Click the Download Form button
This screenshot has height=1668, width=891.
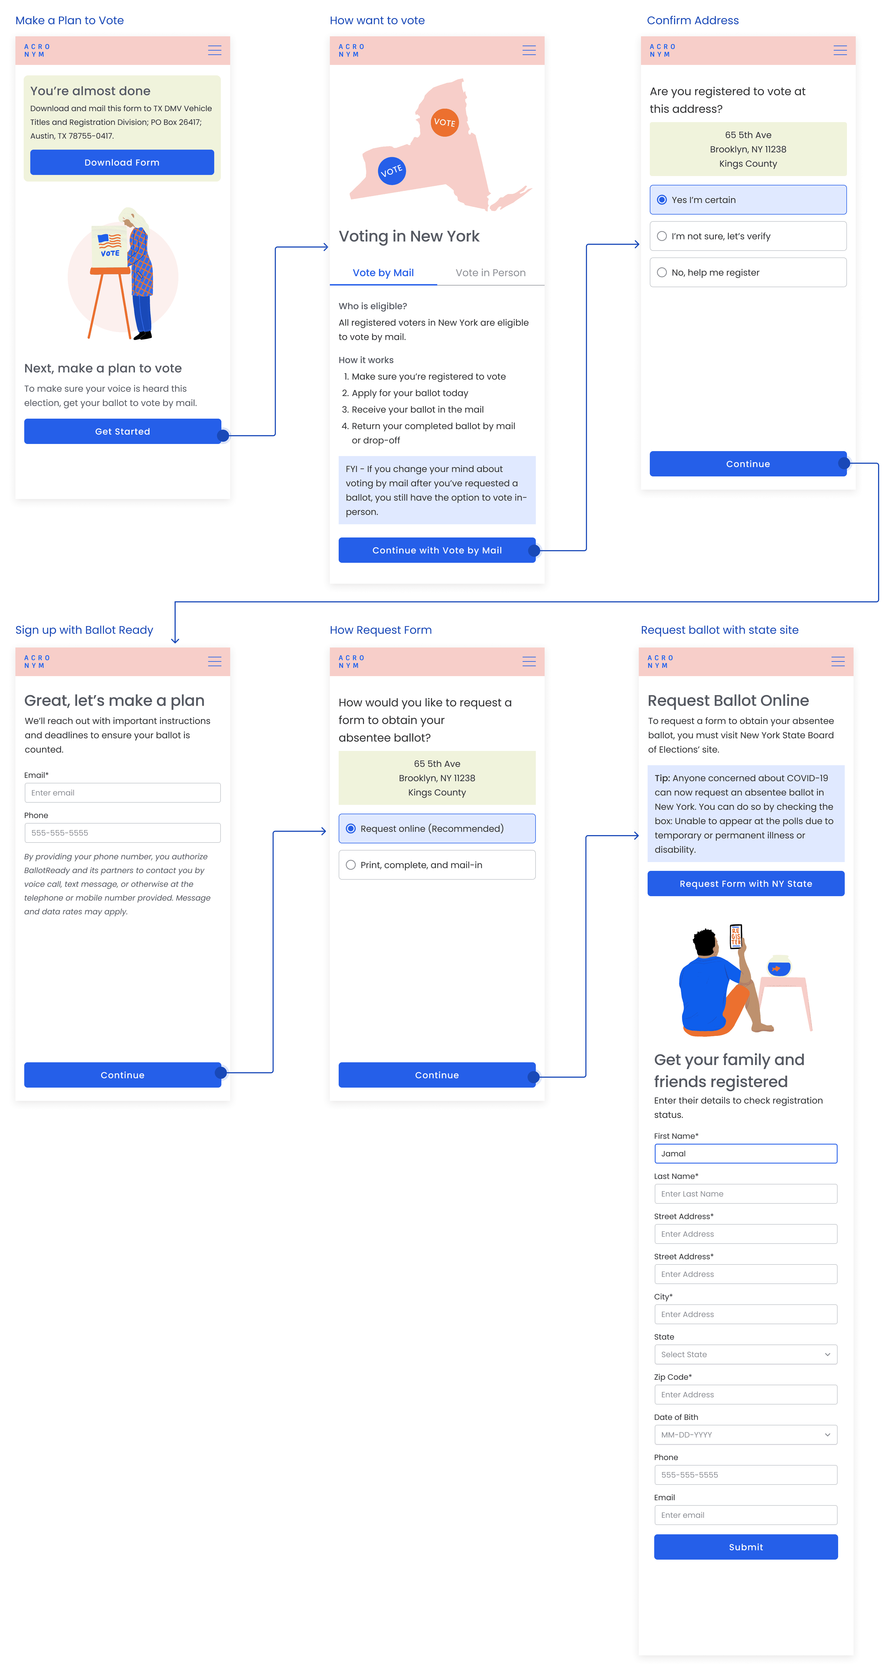[122, 163]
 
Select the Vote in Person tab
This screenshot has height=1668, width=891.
[491, 273]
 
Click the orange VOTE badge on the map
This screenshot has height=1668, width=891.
[444, 122]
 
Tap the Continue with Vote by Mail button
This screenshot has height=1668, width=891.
[437, 550]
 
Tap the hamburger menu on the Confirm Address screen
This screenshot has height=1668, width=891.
[840, 51]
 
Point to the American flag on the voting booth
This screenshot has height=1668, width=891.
[110, 241]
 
